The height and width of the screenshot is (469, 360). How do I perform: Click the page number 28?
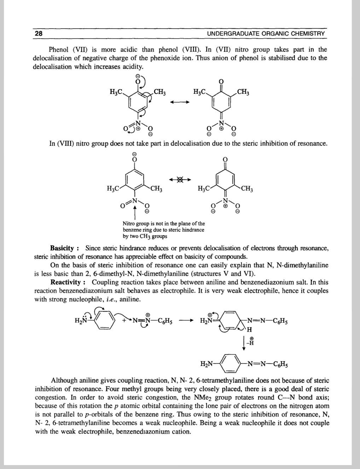click(x=38, y=34)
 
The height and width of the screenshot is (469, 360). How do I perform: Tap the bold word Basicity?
click(x=62, y=248)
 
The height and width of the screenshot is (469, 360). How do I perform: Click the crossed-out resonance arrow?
click(x=180, y=180)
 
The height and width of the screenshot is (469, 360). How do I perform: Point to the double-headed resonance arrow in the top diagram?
click(x=180, y=102)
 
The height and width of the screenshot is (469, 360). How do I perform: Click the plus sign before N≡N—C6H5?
click(x=124, y=320)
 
